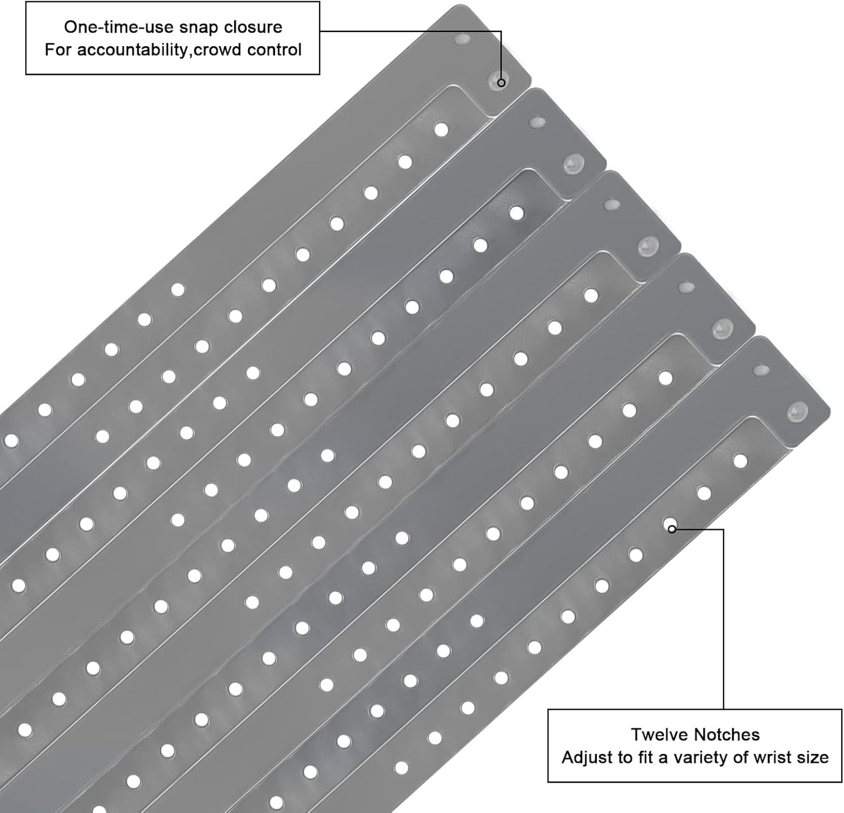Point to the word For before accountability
58,50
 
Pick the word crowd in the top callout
217,50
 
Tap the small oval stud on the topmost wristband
463,40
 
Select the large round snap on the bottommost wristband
798,412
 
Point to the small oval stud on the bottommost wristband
761,370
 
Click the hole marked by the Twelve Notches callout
670,524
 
